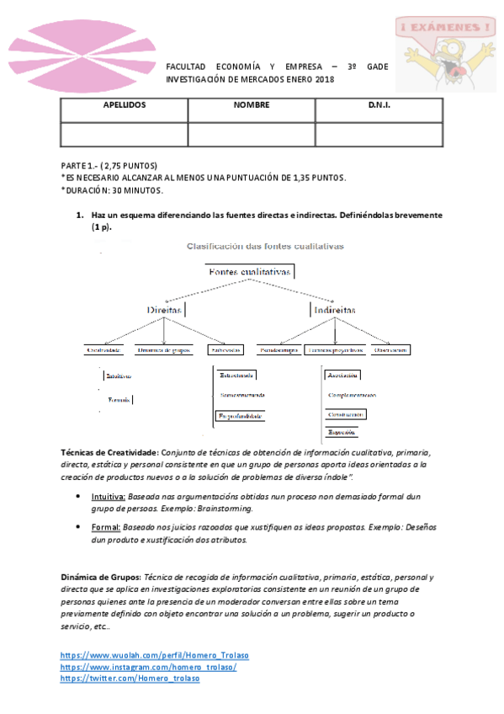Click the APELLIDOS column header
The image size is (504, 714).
(125, 106)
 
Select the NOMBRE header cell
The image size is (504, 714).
(252, 106)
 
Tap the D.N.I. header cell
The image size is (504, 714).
(379, 106)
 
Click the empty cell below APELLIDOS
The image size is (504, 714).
(125, 134)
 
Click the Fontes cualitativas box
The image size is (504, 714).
(250, 273)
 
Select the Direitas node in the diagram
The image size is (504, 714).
(165, 310)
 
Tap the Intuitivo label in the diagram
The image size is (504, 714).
(118, 376)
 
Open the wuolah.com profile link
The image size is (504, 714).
(154, 655)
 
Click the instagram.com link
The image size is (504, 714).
(148, 667)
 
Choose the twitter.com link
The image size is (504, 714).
(130, 679)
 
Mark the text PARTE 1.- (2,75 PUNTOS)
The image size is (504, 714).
(109, 166)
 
